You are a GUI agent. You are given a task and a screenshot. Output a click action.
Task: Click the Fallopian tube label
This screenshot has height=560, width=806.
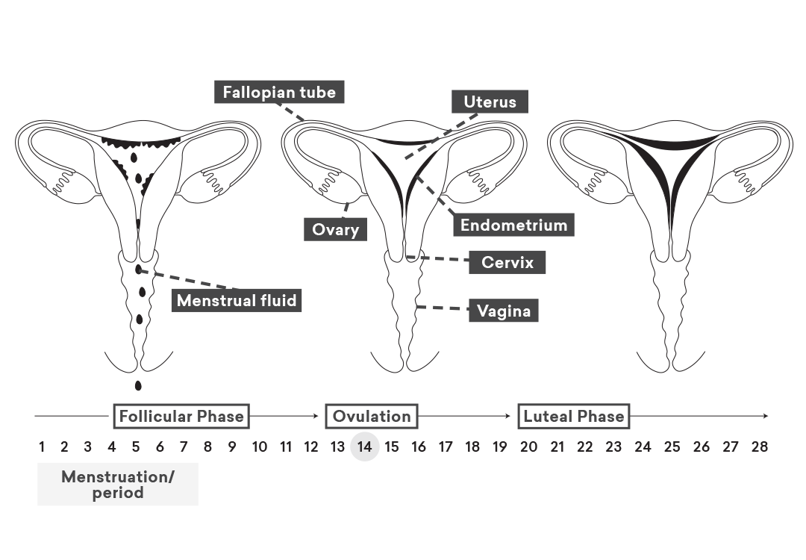click(279, 92)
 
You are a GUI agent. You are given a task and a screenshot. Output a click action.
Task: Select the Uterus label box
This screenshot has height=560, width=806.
click(490, 102)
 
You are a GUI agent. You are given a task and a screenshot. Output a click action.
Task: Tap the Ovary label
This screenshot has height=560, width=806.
click(335, 229)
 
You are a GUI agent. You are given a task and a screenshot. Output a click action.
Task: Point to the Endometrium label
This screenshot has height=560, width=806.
click(513, 225)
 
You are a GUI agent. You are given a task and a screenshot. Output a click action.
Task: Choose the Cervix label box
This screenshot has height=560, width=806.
click(507, 262)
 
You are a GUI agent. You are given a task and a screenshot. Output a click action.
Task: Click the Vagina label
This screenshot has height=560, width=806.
click(504, 311)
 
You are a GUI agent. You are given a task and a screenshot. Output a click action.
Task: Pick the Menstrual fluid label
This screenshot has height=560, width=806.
click(237, 300)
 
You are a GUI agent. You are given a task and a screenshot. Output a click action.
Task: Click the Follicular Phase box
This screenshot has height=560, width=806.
click(181, 416)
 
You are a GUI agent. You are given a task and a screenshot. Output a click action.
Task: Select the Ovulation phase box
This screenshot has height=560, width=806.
click(372, 416)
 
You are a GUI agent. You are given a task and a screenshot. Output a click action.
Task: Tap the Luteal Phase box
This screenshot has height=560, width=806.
click(574, 416)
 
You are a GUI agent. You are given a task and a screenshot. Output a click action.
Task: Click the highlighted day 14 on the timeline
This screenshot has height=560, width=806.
click(364, 447)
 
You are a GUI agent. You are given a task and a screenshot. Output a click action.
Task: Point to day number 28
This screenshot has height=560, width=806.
click(759, 447)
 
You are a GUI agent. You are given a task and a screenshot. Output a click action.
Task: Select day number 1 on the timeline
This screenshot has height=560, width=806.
click(42, 447)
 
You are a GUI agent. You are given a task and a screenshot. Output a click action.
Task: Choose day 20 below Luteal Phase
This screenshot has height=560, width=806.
click(528, 447)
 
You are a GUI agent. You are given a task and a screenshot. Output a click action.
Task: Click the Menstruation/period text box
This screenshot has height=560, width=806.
click(118, 484)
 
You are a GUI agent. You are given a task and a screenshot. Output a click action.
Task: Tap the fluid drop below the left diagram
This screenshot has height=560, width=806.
click(138, 385)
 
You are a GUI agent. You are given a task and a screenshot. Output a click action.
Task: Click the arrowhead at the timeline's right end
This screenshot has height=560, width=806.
click(766, 416)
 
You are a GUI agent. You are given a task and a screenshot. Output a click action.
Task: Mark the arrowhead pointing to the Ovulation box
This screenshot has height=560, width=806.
click(316, 416)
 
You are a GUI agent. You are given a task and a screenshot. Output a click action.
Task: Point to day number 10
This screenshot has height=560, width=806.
click(260, 447)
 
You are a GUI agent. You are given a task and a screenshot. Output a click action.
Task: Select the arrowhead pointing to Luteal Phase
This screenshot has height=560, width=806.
click(508, 416)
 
